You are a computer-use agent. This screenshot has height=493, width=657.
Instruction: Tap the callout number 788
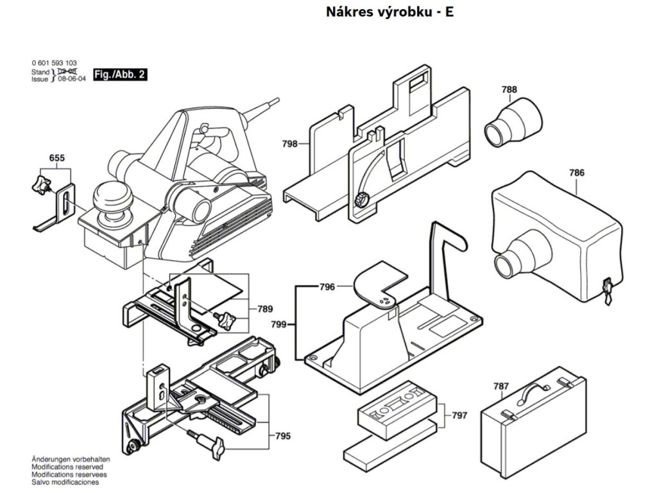(x=509, y=91)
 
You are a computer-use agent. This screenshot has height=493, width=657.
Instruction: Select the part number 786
(x=576, y=173)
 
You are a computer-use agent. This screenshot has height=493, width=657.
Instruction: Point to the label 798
(x=289, y=144)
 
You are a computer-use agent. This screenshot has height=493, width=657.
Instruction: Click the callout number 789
(x=265, y=309)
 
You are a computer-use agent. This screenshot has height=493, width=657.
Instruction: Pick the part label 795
(x=282, y=437)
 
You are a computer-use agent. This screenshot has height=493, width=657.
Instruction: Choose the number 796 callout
(x=327, y=288)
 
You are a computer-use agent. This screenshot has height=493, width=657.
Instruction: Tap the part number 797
(x=459, y=415)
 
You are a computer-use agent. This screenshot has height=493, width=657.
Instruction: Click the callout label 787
(x=501, y=386)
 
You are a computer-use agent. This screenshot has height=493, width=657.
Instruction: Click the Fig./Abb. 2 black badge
(x=120, y=74)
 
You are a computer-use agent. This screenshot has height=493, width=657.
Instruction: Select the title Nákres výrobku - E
(x=389, y=12)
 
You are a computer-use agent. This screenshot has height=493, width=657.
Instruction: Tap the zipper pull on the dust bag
(x=606, y=292)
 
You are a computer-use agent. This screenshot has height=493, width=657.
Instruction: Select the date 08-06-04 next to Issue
(x=71, y=80)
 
